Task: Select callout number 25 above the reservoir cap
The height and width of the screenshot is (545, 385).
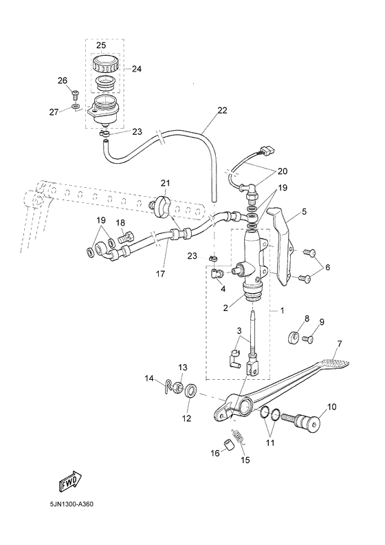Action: pos(101,45)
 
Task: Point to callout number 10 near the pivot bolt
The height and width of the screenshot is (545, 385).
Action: pos(331,407)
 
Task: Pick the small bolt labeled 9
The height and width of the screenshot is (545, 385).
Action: pos(309,339)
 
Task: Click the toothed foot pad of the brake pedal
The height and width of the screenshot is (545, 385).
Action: pos(335,359)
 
